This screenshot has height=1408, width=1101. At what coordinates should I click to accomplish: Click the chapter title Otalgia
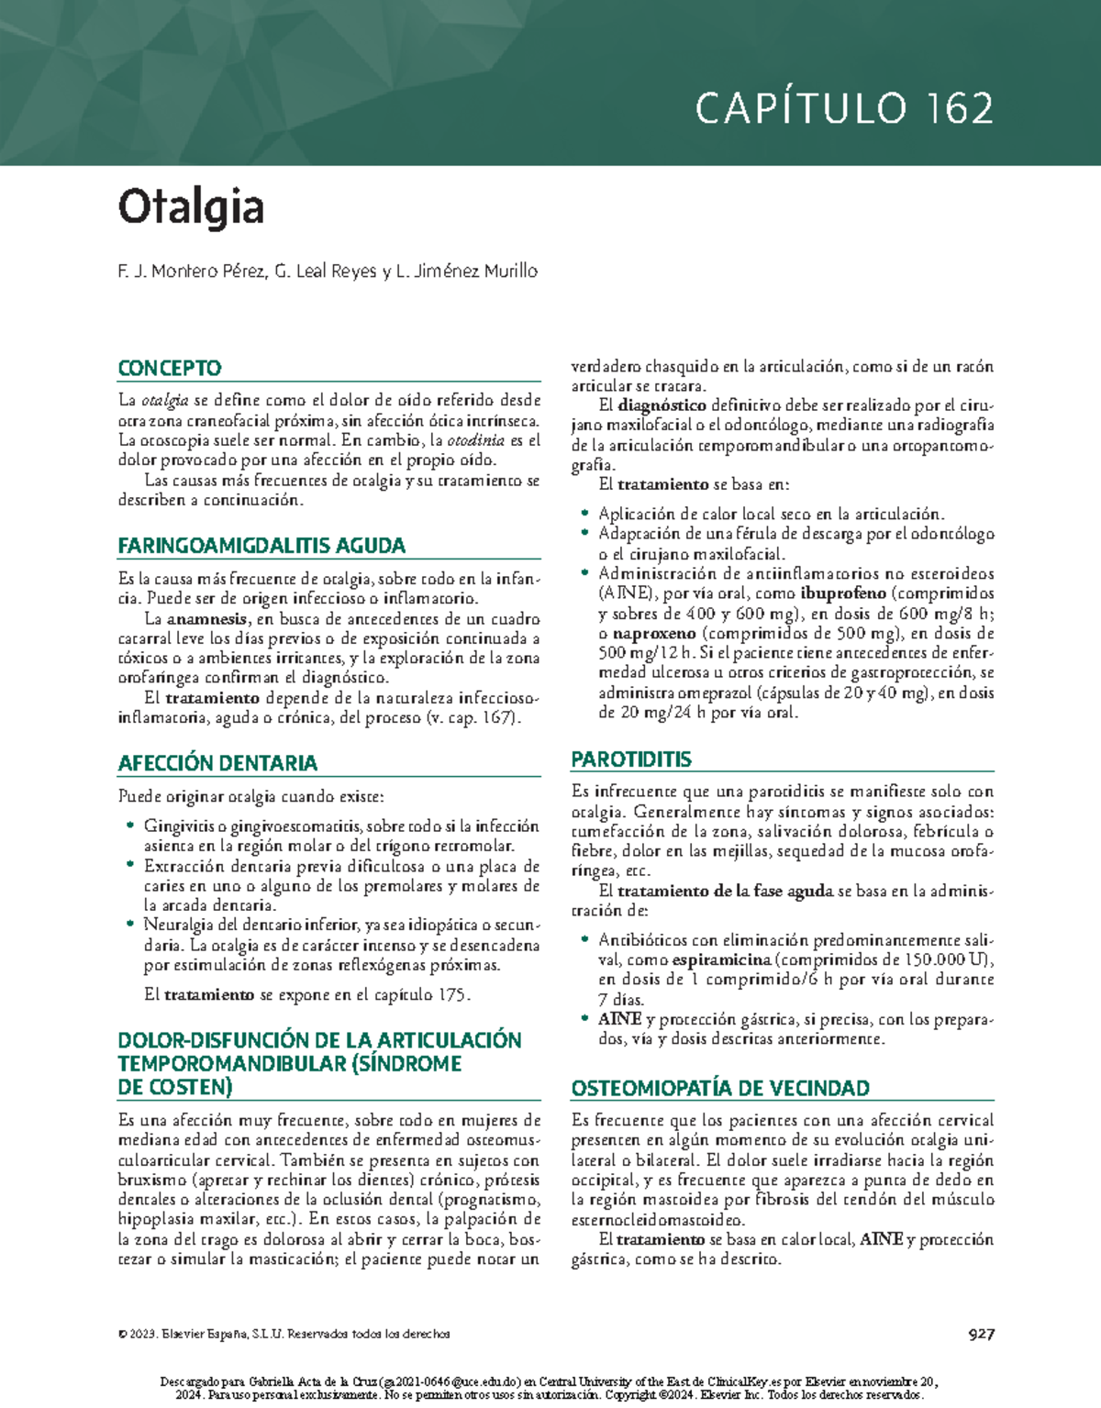click(191, 207)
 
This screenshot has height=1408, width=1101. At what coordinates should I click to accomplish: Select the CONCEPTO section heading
click(170, 368)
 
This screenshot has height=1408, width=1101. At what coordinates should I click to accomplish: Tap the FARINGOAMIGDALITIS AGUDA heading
click(261, 546)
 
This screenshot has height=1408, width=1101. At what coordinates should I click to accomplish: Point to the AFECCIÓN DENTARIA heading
click(217, 763)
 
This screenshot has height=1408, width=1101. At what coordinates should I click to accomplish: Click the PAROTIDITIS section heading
click(631, 759)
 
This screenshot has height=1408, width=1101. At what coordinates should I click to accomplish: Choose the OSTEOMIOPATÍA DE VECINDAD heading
click(720, 1089)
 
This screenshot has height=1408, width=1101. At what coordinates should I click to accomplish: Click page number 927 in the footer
click(981, 1334)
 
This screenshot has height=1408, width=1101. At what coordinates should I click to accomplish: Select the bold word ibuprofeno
click(842, 593)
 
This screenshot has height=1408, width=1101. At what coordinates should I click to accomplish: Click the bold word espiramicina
click(721, 960)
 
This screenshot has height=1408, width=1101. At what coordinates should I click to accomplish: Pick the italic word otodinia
click(475, 440)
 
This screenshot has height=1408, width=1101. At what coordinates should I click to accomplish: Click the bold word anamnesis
click(206, 619)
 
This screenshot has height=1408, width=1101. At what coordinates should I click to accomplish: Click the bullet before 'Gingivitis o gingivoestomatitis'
click(130, 826)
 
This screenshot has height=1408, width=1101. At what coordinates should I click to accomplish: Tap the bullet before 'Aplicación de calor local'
click(584, 515)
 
